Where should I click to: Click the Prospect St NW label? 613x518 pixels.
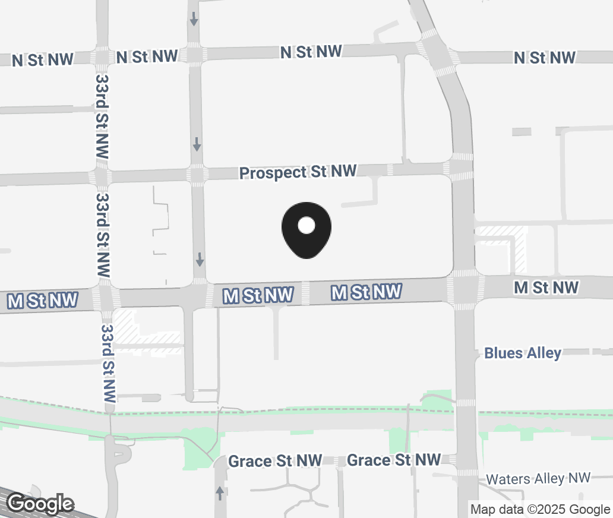click(x=298, y=172)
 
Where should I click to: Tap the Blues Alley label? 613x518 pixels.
click(x=522, y=353)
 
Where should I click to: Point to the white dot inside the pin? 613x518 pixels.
click(x=306, y=225)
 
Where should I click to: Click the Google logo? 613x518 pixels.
click(x=40, y=504)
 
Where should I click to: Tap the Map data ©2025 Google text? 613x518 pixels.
click(x=540, y=509)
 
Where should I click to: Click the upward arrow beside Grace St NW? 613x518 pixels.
click(x=220, y=492)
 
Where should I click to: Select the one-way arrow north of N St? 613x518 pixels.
click(x=194, y=19)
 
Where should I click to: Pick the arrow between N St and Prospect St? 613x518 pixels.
click(x=196, y=143)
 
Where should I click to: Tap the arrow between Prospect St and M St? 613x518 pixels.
click(x=200, y=259)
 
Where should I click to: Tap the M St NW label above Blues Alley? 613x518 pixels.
click(x=546, y=288)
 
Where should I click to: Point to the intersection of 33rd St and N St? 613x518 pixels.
click(x=100, y=58)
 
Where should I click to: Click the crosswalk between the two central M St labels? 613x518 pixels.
click(x=305, y=293)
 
